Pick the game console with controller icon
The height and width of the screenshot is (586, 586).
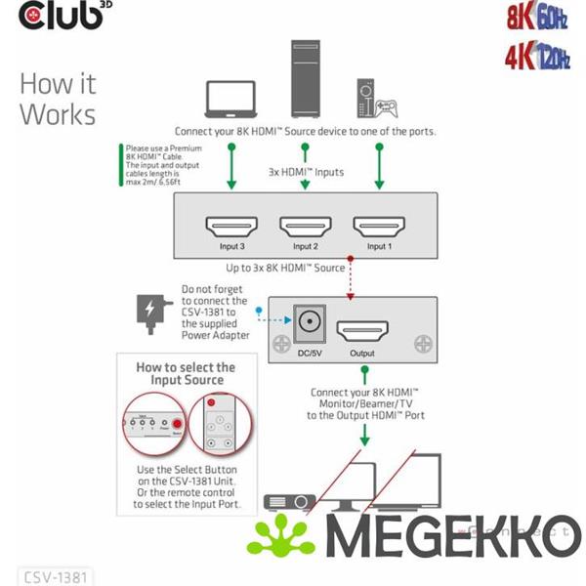tap(377, 98)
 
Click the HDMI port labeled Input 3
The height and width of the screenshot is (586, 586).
tap(231, 227)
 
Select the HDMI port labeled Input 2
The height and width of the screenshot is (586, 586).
tap(305, 227)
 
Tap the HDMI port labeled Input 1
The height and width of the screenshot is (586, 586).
tap(378, 227)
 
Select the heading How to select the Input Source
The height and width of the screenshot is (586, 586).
tap(185, 373)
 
